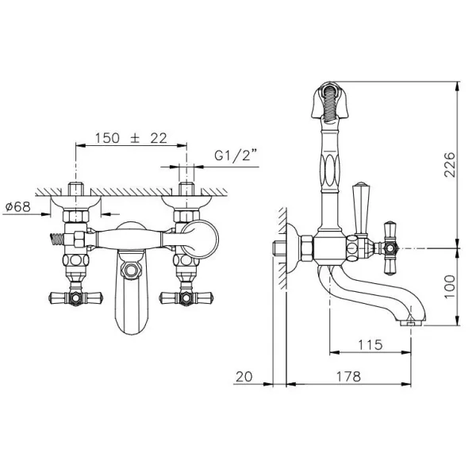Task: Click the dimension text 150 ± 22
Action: (131, 138)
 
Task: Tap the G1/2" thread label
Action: (233, 155)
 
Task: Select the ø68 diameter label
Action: (18, 207)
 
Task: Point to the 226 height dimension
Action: (450, 164)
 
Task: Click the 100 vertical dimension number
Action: (450, 287)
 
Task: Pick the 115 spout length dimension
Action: (370, 345)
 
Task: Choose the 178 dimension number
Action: (348, 377)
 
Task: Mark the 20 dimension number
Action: (244, 377)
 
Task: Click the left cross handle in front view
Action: (75, 298)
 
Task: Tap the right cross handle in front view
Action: (186, 298)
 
